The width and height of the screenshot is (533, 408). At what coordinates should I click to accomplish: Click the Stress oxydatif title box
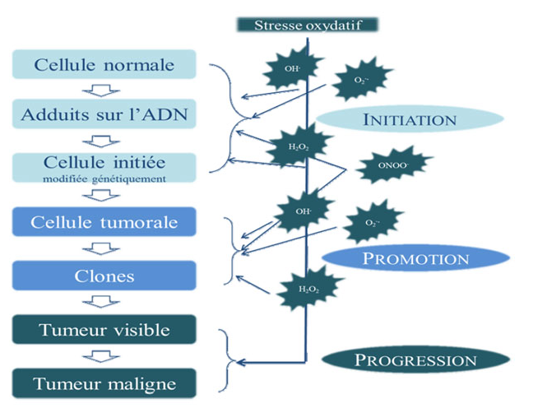(x=308, y=24)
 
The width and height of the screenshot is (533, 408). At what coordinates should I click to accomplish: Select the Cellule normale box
(x=104, y=64)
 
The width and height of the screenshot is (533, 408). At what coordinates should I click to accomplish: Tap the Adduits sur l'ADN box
(x=104, y=114)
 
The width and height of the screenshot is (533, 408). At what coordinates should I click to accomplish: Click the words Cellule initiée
(x=104, y=162)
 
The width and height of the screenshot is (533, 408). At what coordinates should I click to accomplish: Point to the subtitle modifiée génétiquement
(x=104, y=176)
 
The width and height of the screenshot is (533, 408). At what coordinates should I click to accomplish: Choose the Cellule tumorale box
(x=104, y=222)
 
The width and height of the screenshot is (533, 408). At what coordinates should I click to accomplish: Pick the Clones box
(x=104, y=276)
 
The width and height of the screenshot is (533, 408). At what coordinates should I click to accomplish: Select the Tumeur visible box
(x=104, y=330)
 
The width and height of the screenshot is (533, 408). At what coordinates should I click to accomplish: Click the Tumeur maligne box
(x=104, y=383)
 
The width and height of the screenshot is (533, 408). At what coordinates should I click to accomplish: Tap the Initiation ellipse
(x=410, y=120)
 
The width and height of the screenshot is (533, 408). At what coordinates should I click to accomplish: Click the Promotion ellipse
(x=415, y=258)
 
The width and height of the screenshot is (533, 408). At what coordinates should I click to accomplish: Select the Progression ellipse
(x=415, y=360)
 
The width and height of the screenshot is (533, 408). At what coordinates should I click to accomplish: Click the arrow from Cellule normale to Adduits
(x=104, y=90)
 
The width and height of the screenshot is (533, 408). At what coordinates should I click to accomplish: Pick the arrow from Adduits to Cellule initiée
(x=104, y=139)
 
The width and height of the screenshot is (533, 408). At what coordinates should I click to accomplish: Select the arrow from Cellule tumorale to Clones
(x=104, y=248)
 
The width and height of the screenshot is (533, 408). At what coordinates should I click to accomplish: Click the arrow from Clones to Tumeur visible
(x=104, y=303)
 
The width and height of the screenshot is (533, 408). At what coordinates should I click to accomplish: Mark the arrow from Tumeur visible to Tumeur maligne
(x=104, y=356)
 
